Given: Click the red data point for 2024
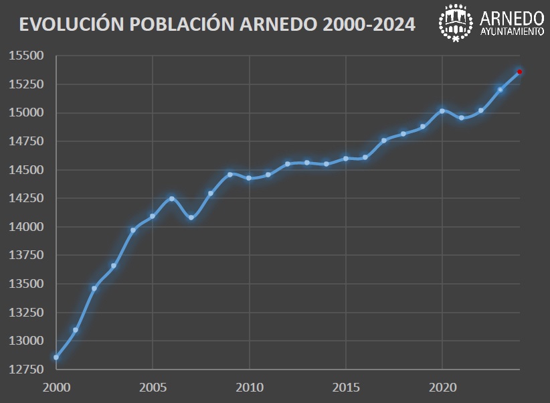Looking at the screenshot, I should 519,72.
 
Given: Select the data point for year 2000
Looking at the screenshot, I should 56,357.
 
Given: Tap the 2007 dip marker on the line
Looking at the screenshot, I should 191,218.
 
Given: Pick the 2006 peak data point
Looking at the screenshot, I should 172,199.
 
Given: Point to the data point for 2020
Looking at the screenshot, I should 442,111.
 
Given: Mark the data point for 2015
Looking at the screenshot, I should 346,159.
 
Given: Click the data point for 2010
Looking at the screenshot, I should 249,178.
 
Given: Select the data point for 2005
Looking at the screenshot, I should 153,216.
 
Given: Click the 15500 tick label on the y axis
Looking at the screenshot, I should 26,56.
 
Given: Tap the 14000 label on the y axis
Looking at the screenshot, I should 26,227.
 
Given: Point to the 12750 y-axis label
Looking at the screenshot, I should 26,370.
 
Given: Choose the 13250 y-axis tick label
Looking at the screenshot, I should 26,313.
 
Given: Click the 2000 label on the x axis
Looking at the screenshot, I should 56,388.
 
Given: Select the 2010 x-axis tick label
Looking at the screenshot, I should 249,388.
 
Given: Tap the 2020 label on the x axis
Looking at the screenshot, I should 442,388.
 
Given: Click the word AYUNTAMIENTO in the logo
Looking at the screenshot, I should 512,32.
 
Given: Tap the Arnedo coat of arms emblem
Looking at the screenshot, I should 456,23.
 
